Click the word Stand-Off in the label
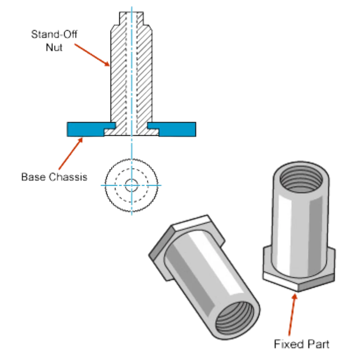[x=54, y=34]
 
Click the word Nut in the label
[x=54, y=48]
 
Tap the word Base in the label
[x=33, y=177]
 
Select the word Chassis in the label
[x=68, y=177]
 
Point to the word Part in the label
[x=318, y=344]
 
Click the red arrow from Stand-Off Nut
[x=92, y=55]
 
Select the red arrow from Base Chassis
[x=71, y=153]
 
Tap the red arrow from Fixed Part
[x=292, y=315]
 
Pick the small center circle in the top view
[x=132, y=185]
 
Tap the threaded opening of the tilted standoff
[x=235, y=320]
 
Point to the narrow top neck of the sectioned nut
[x=132, y=18]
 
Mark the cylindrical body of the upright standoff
[x=301, y=225]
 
